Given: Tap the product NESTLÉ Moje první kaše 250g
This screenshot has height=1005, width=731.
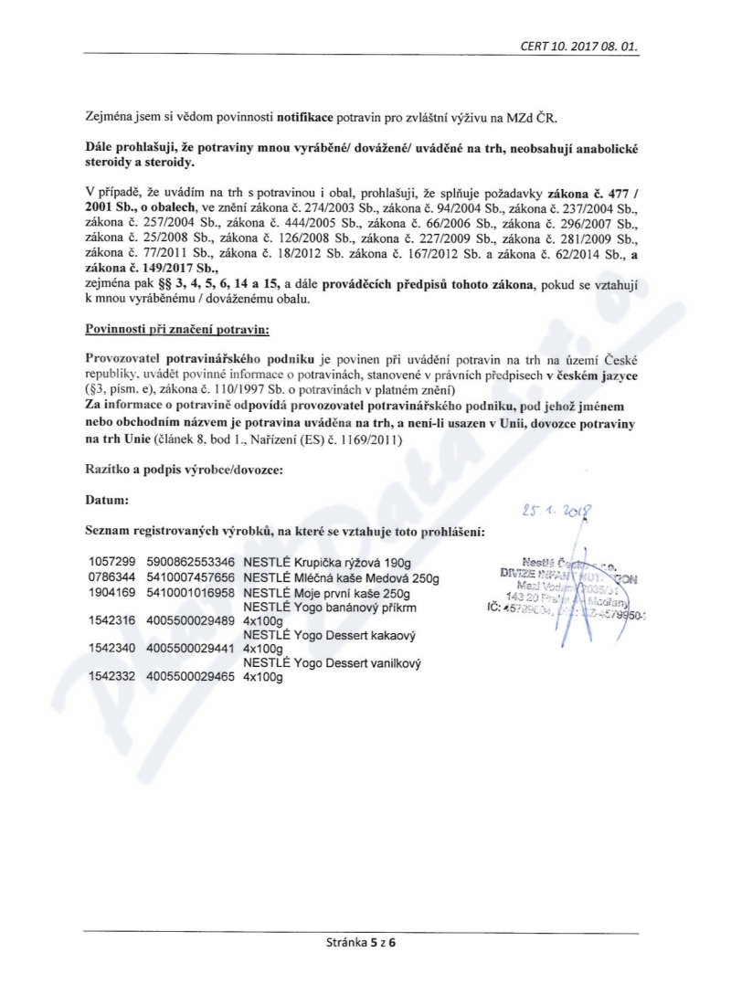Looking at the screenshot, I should (x=328, y=593).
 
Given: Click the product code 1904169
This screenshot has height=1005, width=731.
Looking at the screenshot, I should (x=111, y=593).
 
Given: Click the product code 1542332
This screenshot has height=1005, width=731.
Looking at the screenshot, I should (x=111, y=677).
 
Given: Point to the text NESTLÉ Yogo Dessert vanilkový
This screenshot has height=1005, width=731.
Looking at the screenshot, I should (x=332, y=662).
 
